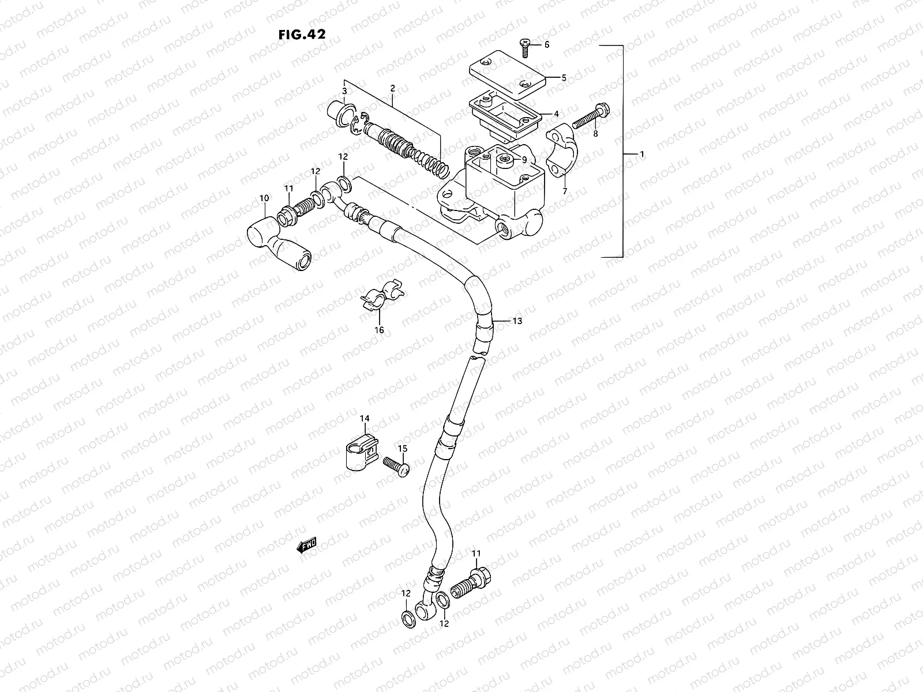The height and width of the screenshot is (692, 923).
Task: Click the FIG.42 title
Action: pos(301,34)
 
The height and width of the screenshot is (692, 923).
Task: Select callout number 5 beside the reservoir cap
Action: pos(564,77)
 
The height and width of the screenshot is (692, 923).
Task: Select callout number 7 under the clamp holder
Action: pos(564,191)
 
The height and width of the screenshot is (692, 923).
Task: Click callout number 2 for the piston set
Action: pos(392,88)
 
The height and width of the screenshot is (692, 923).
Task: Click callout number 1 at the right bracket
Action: pos(641,155)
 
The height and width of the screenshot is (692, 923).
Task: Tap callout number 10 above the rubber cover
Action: pos(264,198)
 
